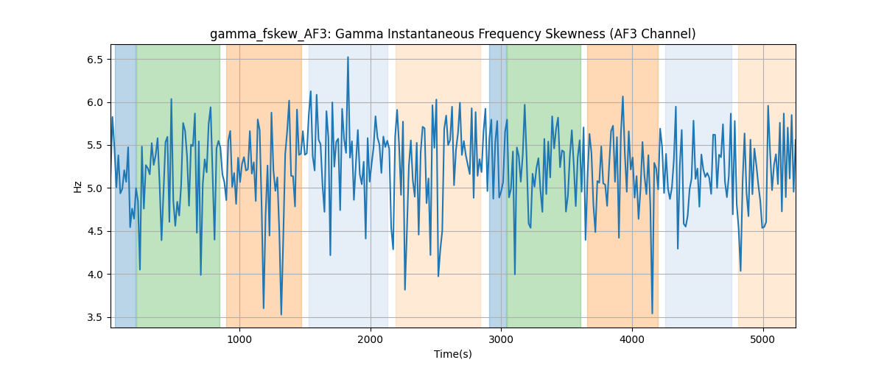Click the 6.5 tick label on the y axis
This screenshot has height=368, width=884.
(95, 60)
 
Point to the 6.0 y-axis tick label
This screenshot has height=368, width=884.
(95, 102)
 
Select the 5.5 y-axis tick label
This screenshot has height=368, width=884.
(95, 146)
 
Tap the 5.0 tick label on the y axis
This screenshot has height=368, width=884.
(95, 188)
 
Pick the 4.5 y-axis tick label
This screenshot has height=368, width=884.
(95, 232)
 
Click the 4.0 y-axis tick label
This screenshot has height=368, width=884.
(95, 275)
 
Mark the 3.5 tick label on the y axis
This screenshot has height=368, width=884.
(95, 317)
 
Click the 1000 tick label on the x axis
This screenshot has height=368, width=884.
(239, 339)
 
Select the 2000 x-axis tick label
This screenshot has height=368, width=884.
(371, 339)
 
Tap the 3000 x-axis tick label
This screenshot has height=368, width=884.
(501, 339)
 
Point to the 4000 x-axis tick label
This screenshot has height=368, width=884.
(632, 339)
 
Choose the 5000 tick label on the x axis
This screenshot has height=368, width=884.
(763, 339)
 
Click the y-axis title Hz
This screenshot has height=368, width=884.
(78, 186)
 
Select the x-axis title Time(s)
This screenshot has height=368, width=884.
(453, 354)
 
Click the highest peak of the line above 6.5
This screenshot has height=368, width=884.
(348, 57)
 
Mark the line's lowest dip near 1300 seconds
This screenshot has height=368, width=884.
(281, 314)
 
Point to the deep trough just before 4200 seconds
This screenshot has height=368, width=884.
(652, 314)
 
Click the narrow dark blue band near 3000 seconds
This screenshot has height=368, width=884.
(498, 185)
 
